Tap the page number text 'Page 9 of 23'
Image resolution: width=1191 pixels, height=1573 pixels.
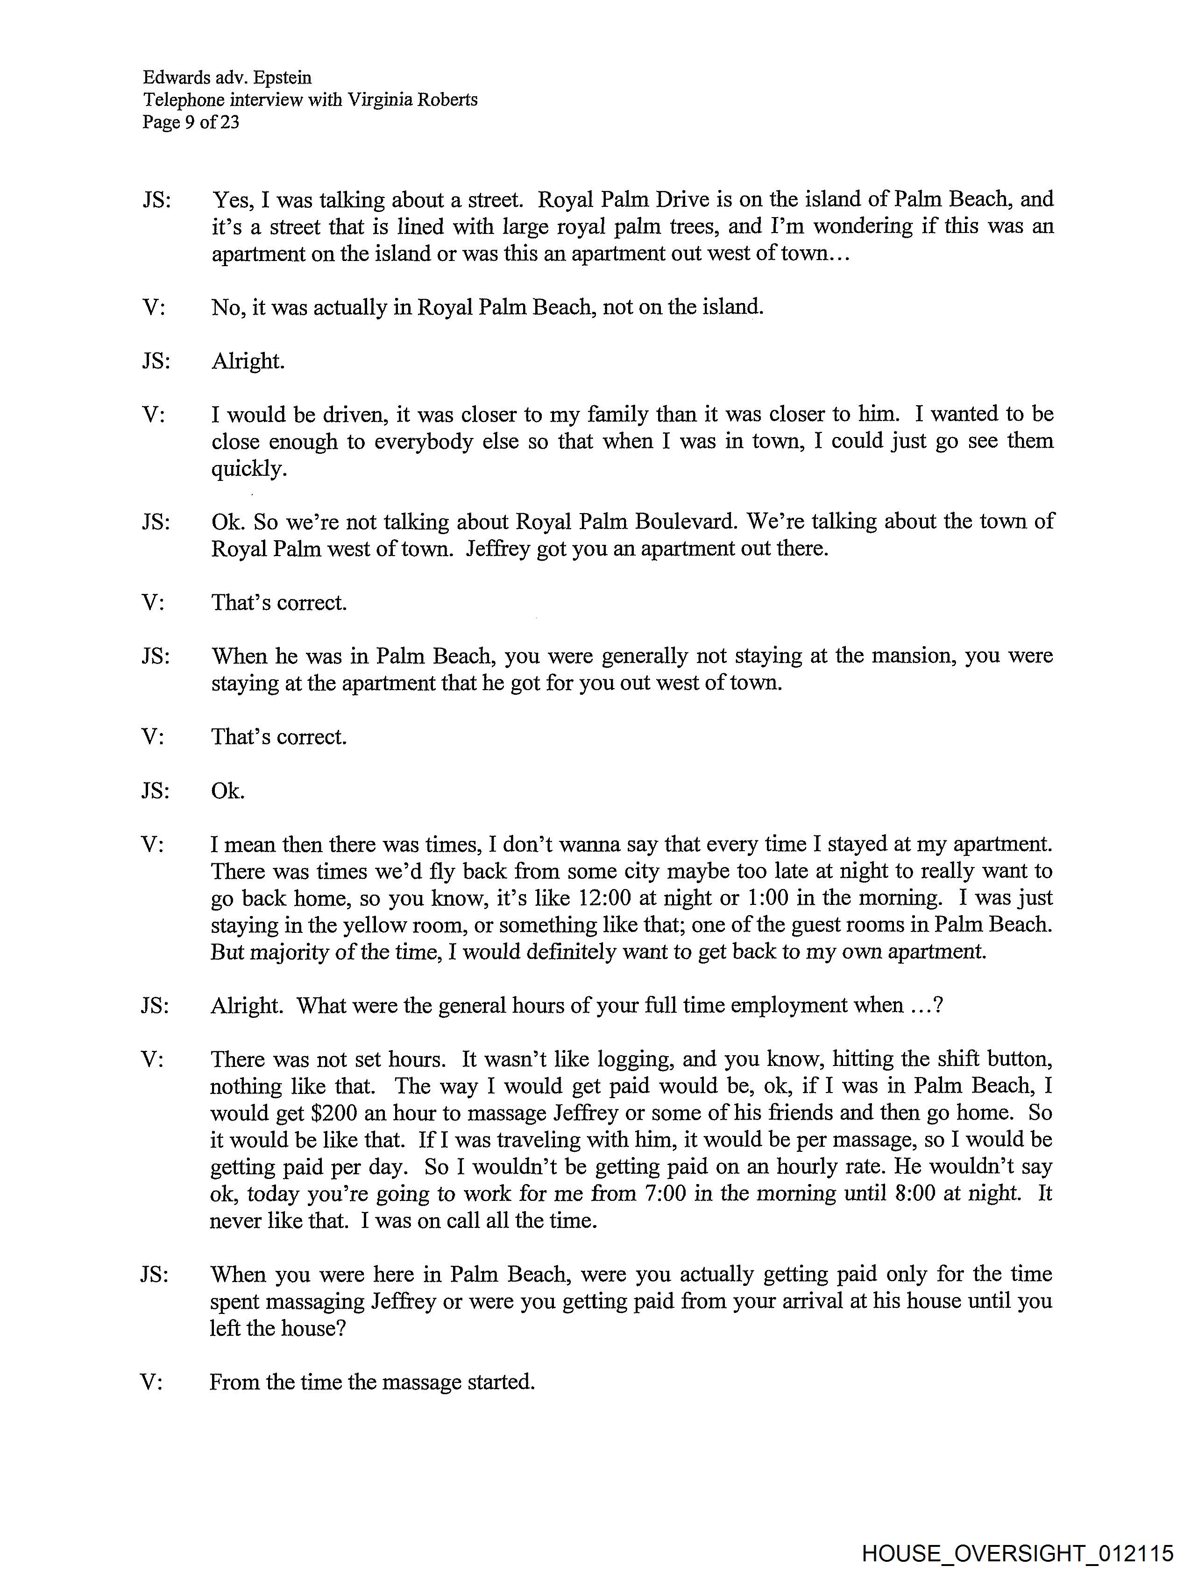pos(191,122)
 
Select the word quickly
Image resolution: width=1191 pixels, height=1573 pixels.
pos(248,469)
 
